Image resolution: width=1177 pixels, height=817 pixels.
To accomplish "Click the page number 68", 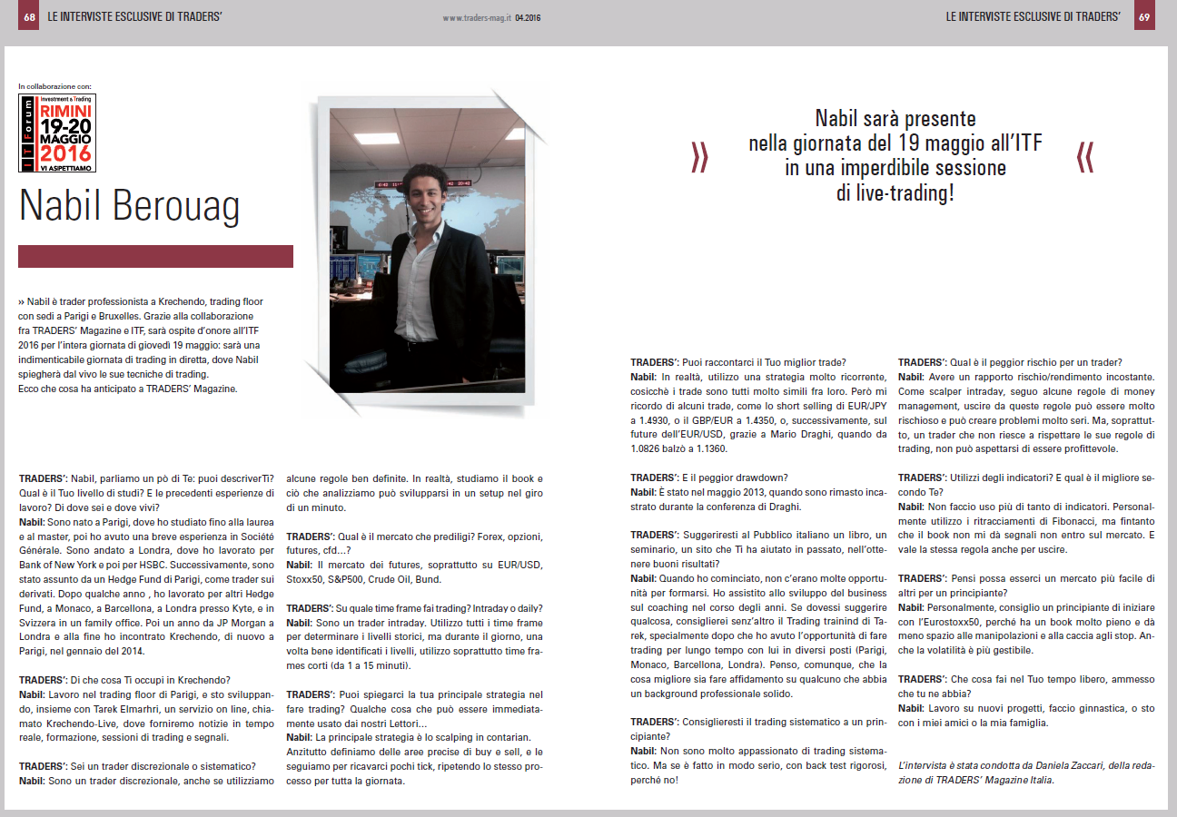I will tap(29, 16).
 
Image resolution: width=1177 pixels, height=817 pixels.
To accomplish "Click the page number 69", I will tap(1144, 16).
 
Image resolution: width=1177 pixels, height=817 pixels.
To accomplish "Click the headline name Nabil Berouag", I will tap(130, 206).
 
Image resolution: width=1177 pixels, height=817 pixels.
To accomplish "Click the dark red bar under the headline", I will tap(155, 256).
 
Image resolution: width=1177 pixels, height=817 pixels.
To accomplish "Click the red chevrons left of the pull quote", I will tap(699, 157).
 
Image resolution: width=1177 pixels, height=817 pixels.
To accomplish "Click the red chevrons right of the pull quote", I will tap(1084, 157).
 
